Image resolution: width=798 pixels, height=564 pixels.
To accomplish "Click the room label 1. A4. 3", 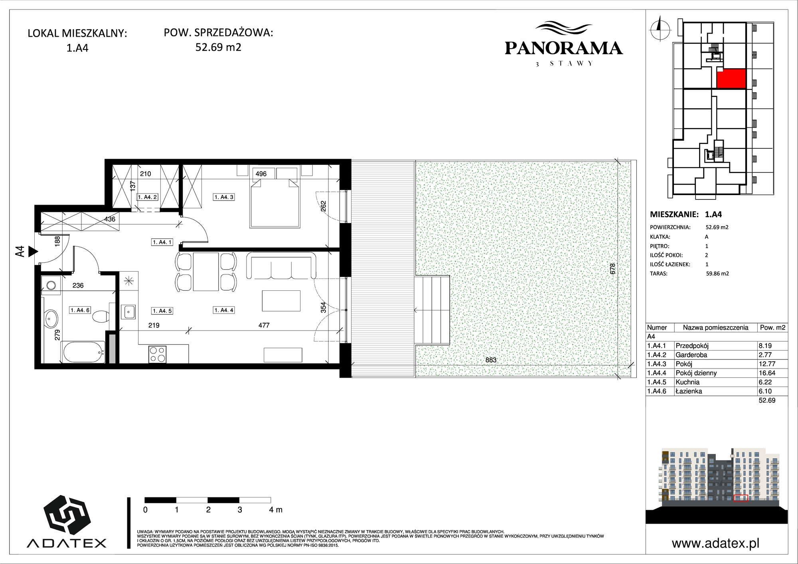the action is pos(224,197).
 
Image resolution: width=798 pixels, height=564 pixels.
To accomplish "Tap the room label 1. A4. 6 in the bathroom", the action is pos(80,310).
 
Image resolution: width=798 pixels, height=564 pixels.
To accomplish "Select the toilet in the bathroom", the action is pos(101,317).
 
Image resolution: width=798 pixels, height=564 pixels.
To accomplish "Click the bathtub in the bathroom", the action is pos(83,352).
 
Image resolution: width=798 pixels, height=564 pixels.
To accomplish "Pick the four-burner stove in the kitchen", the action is pos(157,354).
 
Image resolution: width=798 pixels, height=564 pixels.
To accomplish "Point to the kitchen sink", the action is pos(129,312).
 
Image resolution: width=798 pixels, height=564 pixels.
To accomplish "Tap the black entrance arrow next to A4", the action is pos(33,252).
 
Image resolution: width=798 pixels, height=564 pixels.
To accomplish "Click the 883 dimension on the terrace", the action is pos(491,360).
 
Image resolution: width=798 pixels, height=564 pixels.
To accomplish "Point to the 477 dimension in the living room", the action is pos(264,325).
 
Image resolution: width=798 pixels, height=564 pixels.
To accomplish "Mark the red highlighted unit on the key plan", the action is pos(731,79).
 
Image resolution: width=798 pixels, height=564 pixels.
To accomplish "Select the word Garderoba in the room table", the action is pos(691,355).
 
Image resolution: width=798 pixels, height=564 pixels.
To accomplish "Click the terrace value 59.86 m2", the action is pos(717,274).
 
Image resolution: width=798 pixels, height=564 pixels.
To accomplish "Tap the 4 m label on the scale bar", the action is pos(276,510).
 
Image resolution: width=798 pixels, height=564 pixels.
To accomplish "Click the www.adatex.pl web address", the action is pos(715,543).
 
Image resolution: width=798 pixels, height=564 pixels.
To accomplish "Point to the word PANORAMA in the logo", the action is pos(563,48).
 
